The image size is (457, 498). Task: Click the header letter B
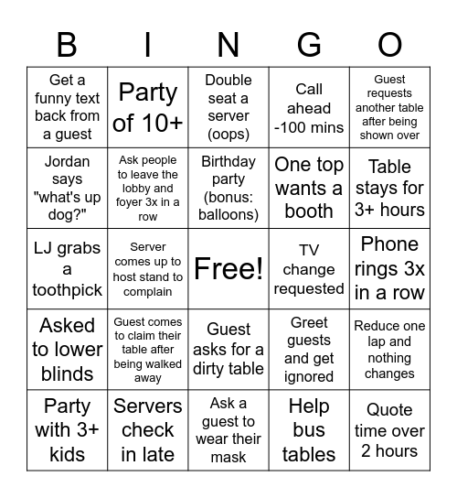click(67, 44)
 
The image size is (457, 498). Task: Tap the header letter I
click(147, 44)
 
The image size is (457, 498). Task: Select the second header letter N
click(228, 44)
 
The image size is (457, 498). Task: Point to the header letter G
click(309, 44)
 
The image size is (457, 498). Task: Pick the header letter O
click(389, 44)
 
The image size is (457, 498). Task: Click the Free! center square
click(228, 268)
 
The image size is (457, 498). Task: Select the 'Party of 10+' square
click(148, 107)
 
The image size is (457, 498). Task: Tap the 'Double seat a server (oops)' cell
click(228, 107)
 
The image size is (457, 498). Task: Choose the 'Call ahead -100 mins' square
click(309, 107)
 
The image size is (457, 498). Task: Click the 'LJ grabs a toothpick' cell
click(67, 268)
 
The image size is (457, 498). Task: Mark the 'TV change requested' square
click(309, 268)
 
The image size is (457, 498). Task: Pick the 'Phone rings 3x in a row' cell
click(389, 268)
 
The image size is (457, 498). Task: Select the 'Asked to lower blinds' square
click(67, 349)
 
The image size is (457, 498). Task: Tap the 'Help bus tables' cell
click(309, 429)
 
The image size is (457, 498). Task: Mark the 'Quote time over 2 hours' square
click(389, 429)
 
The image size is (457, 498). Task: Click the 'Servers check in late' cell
click(148, 429)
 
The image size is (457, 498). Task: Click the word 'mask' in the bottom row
click(228, 457)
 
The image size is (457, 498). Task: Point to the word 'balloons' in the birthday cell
click(228, 215)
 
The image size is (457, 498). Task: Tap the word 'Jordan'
click(67, 162)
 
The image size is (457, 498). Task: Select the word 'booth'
click(309, 211)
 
